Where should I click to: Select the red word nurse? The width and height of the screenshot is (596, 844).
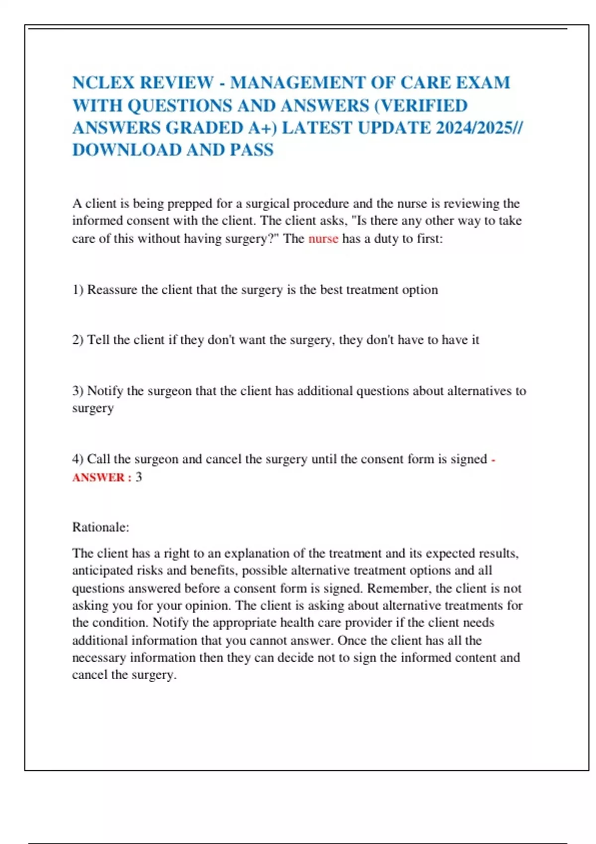323,239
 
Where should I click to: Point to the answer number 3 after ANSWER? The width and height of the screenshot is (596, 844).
139,477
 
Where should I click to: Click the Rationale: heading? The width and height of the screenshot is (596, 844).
100,527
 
